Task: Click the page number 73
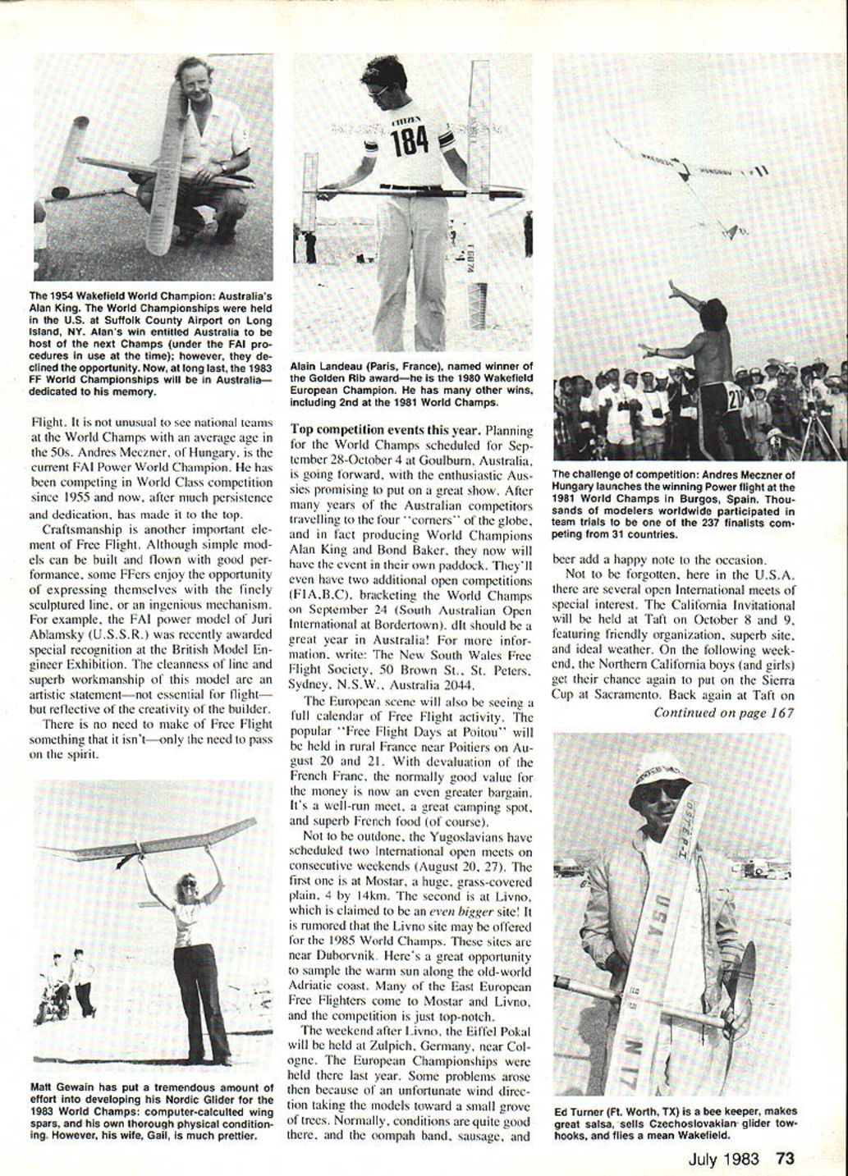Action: tap(785, 1159)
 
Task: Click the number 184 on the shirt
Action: tap(409, 142)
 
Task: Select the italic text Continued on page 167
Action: tap(723, 712)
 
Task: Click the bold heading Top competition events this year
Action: tap(386, 429)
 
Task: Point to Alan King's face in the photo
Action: tap(197, 81)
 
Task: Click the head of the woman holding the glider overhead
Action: tap(188, 885)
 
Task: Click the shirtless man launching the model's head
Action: tap(713, 313)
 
